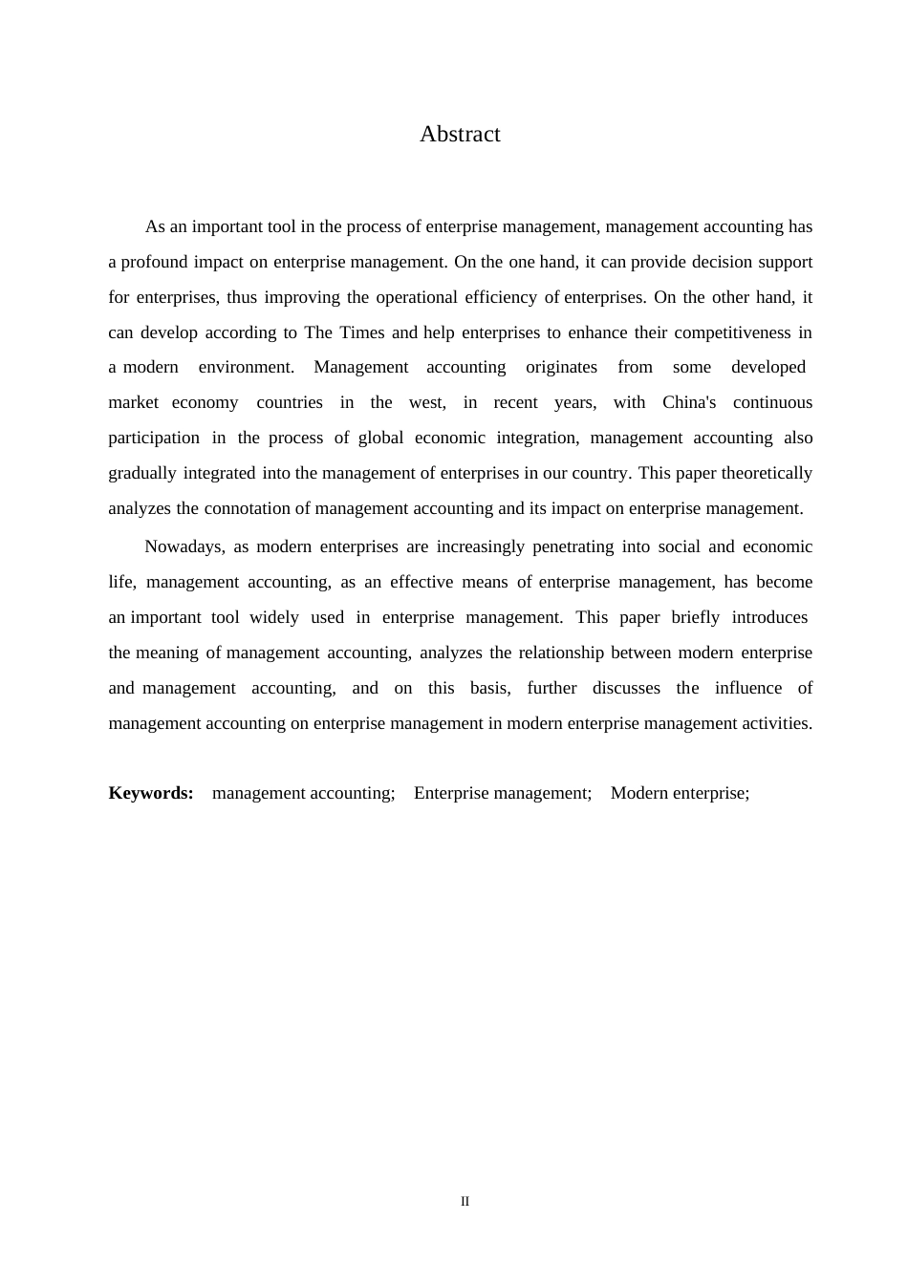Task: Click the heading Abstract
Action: pyautogui.click(x=460, y=135)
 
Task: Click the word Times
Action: pyautogui.click(x=364, y=332)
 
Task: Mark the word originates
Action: pyautogui.click(x=561, y=367)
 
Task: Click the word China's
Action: pyautogui.click(x=689, y=402)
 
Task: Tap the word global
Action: pyautogui.click(x=380, y=438)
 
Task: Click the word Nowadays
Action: pyautogui.click(x=184, y=546)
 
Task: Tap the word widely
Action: pyautogui.click(x=273, y=617)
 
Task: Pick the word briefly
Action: pyautogui.click(x=695, y=617)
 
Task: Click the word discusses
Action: pyautogui.click(x=626, y=688)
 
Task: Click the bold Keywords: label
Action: pyautogui.click(x=151, y=793)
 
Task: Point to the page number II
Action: pyautogui.click(x=465, y=1202)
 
